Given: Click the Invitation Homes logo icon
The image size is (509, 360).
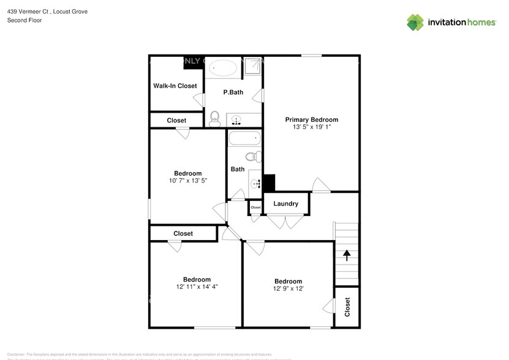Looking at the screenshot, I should [x=415, y=23].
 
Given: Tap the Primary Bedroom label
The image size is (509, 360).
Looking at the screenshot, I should [x=311, y=119].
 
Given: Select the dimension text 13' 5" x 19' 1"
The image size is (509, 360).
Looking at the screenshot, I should [x=311, y=127].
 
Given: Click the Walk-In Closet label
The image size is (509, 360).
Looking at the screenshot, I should [x=175, y=86].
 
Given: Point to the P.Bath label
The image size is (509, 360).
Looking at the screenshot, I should [x=233, y=92].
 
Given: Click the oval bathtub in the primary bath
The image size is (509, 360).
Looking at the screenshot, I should [x=222, y=68].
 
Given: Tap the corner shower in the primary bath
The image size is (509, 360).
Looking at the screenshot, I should [x=252, y=67].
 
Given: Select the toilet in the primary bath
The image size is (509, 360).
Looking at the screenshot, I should [x=214, y=118].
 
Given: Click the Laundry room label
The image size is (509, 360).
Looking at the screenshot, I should [x=285, y=204].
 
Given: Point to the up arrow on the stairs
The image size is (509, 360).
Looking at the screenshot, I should [x=347, y=255].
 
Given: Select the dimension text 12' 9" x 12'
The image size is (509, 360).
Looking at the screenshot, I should [x=288, y=289].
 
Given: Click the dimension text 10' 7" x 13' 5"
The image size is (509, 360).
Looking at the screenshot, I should [x=187, y=181].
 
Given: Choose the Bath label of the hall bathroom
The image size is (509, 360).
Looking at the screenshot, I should [x=238, y=169].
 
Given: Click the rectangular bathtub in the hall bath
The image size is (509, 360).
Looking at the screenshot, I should [x=245, y=138].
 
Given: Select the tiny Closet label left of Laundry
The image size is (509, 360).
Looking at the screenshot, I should [x=255, y=208].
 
